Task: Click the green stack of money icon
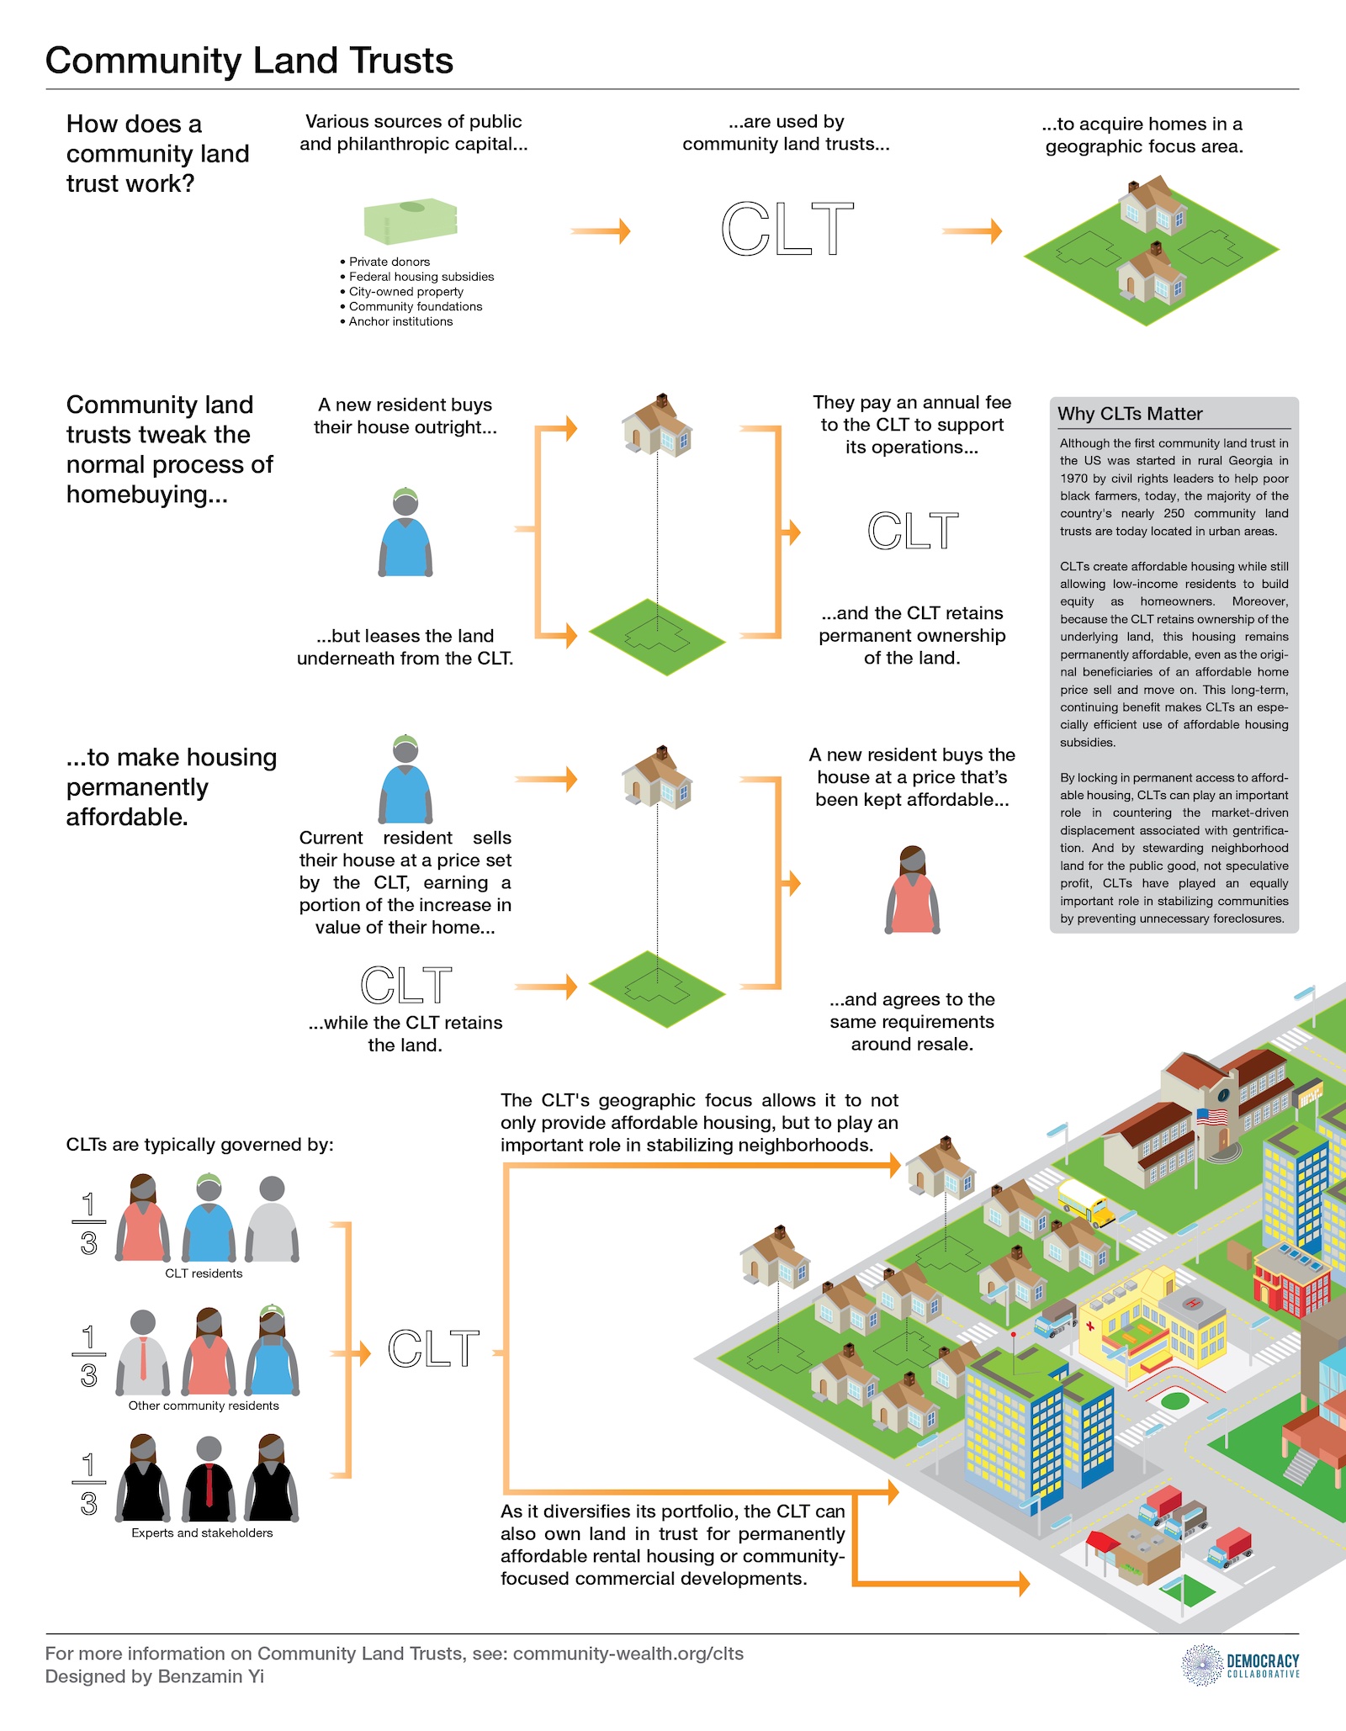[x=411, y=220]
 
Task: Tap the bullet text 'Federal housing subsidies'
[x=421, y=277]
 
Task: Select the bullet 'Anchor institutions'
[x=400, y=321]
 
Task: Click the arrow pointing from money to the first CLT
[x=600, y=230]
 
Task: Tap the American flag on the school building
[x=1212, y=1117]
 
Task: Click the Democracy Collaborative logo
[x=1241, y=1665]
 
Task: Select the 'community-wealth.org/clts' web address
[x=628, y=1654]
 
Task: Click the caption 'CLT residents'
[x=204, y=1273]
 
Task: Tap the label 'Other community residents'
[x=204, y=1405]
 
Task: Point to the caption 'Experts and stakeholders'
[x=202, y=1532]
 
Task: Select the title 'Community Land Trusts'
[x=249, y=61]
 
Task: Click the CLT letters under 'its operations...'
[x=913, y=532]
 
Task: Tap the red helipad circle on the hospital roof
[x=1192, y=1305]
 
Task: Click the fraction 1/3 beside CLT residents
[x=88, y=1224]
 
